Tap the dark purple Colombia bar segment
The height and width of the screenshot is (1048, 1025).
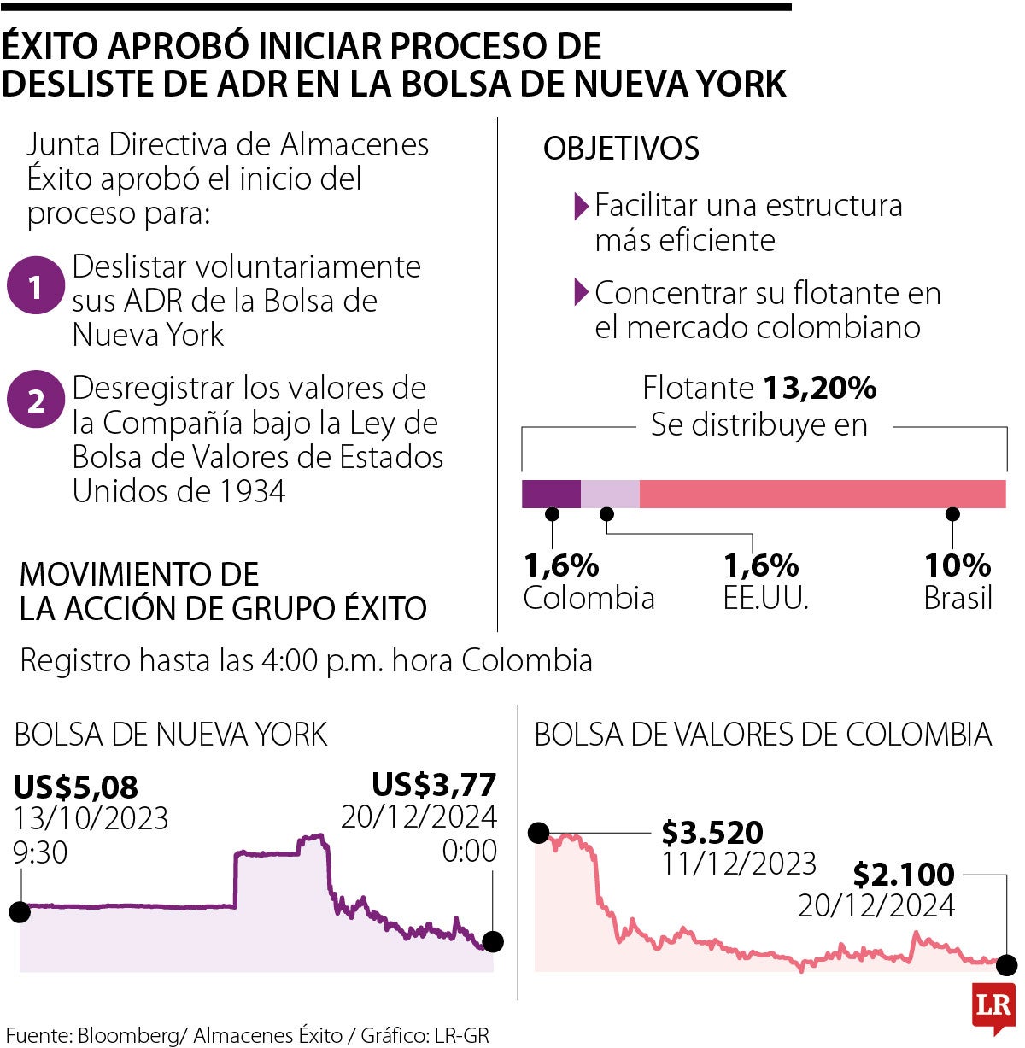coord(551,494)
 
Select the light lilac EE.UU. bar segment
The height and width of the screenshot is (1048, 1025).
coord(610,494)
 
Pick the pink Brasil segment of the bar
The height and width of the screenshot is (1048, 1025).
coord(822,494)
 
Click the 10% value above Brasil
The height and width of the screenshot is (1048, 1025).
coord(958,565)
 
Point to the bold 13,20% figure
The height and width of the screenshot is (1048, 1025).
coord(819,389)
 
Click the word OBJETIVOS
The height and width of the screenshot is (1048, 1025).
coord(621,149)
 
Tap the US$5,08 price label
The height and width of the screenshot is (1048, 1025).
coord(76,786)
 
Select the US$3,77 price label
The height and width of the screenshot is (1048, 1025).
coord(434,784)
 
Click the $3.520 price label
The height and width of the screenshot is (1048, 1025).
coord(712,831)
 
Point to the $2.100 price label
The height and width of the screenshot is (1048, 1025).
coord(904,874)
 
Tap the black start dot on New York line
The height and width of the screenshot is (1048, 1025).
coord(20,912)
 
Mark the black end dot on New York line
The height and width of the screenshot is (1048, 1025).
coord(493,942)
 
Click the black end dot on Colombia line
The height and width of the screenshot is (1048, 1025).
coord(1007,966)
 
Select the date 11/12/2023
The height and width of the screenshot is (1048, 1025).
coord(739,864)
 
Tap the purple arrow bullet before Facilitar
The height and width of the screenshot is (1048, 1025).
coord(582,205)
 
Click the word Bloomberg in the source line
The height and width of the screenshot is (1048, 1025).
coord(128,1034)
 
